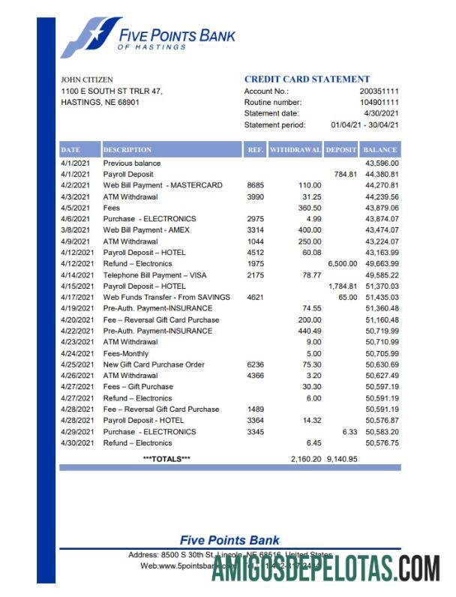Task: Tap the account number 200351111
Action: point(379,91)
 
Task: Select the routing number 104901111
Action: point(379,102)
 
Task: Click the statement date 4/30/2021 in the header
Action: point(382,113)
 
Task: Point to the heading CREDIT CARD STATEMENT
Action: point(307,79)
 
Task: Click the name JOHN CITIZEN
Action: point(87,79)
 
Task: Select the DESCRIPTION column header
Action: point(127,149)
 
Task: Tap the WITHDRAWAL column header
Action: point(295,149)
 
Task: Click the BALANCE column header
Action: point(380,149)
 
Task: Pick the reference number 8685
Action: point(256,185)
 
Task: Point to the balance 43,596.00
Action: point(382,163)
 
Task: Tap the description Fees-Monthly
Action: point(126,353)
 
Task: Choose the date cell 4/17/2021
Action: point(77,297)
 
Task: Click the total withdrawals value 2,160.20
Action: point(306,458)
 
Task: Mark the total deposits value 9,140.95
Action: point(342,458)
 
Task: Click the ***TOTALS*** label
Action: point(166,458)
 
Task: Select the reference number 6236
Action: point(256,364)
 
